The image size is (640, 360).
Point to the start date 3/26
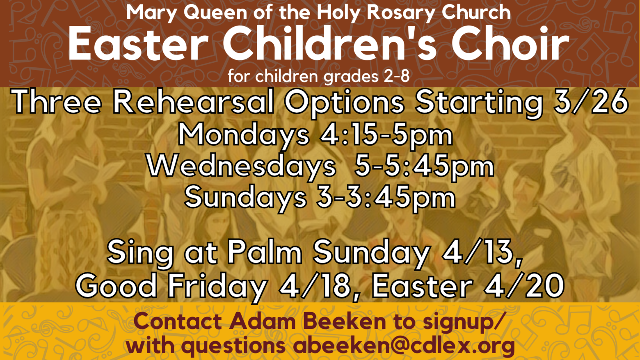pos(591,102)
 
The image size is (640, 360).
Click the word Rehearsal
pos(193,102)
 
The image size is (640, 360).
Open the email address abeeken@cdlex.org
pos(404,346)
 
